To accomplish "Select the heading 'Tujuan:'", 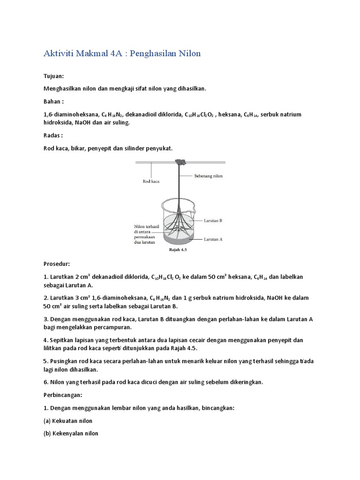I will point(53,76).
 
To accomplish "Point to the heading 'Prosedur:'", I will point(56,264).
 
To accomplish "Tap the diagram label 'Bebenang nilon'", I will point(209,177).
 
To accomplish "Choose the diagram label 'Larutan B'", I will point(213,219).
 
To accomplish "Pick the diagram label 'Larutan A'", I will point(213,239).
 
